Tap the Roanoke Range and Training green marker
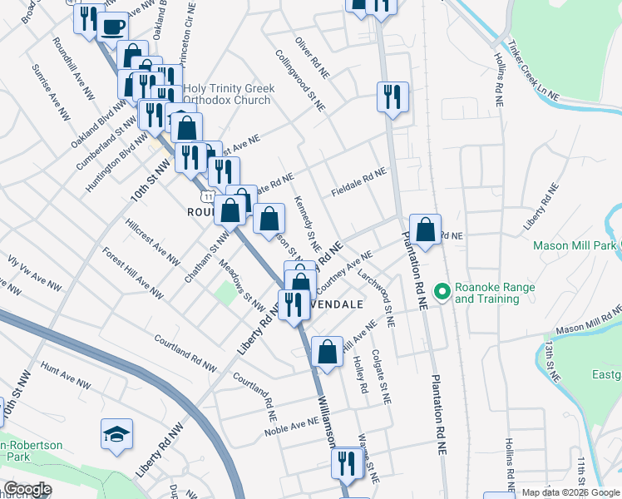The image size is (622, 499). coord(442,292)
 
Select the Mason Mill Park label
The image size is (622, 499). coord(575,245)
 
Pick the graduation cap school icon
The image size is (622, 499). coord(116,435)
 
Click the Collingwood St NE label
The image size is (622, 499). coord(300,81)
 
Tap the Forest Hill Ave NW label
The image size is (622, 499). coord(132,270)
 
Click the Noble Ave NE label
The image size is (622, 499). coord(292,427)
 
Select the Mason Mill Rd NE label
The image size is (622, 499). coord(589,320)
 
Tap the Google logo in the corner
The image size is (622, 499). coord(27,489)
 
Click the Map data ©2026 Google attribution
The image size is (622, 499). coord(570,492)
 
